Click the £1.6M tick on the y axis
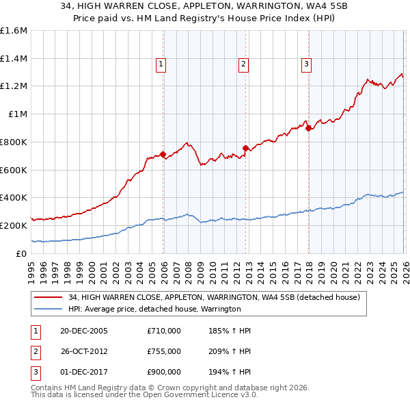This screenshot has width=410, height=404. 14,31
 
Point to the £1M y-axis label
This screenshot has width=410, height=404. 17,114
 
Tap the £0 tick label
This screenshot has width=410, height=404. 21,253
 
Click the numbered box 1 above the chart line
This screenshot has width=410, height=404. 161,65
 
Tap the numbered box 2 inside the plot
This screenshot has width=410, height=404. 243,65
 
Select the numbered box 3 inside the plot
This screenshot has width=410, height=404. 307,65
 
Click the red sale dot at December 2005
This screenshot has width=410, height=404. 163,154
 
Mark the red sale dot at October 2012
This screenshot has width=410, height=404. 245,148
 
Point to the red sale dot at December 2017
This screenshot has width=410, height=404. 308,127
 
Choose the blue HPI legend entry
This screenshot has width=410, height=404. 154,309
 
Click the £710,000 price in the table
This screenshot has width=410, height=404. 164,331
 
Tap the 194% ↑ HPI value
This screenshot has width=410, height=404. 231,372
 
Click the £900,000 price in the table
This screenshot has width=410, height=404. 164,372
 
